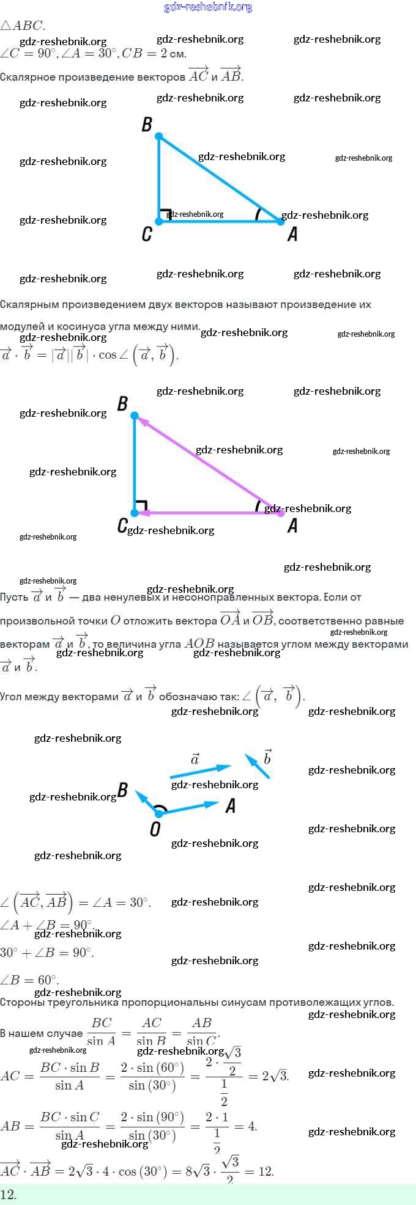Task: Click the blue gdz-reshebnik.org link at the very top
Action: point(208,7)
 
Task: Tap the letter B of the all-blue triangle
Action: point(147,125)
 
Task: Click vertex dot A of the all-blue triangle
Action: point(281,221)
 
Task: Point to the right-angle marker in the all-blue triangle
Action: point(165,214)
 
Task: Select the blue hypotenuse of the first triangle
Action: point(220,178)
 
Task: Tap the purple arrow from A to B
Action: point(208,464)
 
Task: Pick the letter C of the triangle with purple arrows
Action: point(122,526)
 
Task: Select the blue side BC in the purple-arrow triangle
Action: point(135,464)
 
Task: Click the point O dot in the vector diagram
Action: point(159,813)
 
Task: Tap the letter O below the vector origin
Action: point(155,829)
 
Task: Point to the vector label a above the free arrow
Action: point(195,760)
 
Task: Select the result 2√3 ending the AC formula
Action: point(275,1076)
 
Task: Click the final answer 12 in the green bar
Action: point(9,1195)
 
